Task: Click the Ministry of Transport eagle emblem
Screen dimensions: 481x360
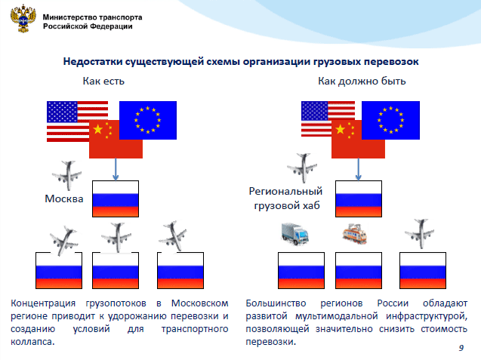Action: pos(23,19)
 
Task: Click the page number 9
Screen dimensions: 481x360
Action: pos(461,348)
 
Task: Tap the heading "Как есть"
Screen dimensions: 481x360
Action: pos(103,81)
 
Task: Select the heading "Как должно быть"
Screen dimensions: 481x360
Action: pos(362,81)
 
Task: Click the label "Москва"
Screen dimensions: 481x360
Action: pos(64,198)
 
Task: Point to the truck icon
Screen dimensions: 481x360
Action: pos(294,234)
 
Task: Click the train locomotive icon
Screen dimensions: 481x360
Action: pos(355,234)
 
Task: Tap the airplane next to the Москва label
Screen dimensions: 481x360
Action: pos(67,175)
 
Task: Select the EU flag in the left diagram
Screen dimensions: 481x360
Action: pos(148,120)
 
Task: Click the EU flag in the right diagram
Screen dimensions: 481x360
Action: pos(390,120)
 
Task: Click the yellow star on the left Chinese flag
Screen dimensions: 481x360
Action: pos(98,129)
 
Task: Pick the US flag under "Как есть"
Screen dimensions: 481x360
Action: pos(77,122)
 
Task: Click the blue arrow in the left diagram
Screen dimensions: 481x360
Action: pos(116,169)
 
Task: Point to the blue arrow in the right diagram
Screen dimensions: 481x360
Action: pos(358,169)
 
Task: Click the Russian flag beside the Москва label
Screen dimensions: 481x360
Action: pos(116,198)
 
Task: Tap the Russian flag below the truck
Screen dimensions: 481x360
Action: pos(301,270)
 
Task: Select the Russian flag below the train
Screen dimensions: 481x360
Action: pos(359,270)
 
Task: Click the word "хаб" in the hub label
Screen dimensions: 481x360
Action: pos(311,205)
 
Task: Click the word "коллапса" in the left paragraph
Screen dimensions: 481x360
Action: pos(32,342)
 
